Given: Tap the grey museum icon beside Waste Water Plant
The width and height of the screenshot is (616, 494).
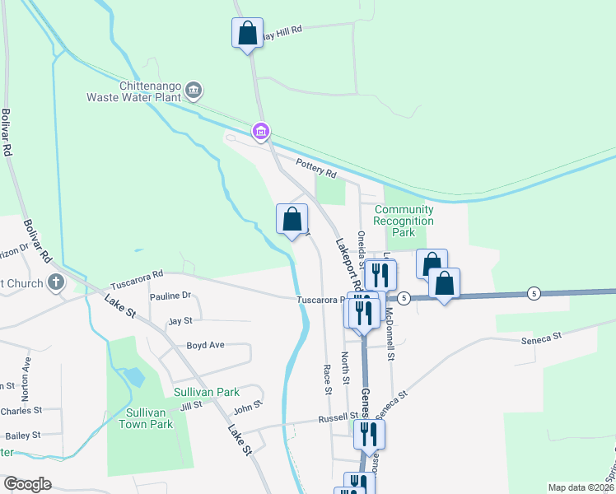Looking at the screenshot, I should [x=193, y=90].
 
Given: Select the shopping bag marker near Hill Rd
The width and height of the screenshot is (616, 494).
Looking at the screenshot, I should [x=247, y=34].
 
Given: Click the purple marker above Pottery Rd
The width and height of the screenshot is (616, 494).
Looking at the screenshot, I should [x=260, y=131].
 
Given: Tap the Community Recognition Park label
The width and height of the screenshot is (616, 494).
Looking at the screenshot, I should [x=404, y=221].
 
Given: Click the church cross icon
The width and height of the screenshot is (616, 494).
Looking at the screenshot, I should [x=56, y=282].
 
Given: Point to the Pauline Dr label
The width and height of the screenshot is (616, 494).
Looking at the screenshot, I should [x=170, y=296].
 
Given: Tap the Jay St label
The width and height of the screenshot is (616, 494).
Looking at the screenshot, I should [x=180, y=320].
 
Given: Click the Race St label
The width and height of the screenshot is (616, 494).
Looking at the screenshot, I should [x=327, y=380].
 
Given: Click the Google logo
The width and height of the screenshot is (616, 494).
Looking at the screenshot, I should [x=28, y=484].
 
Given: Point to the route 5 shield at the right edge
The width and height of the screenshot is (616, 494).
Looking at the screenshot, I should [x=534, y=294].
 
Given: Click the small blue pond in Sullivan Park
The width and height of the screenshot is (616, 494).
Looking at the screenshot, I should [x=133, y=378].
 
